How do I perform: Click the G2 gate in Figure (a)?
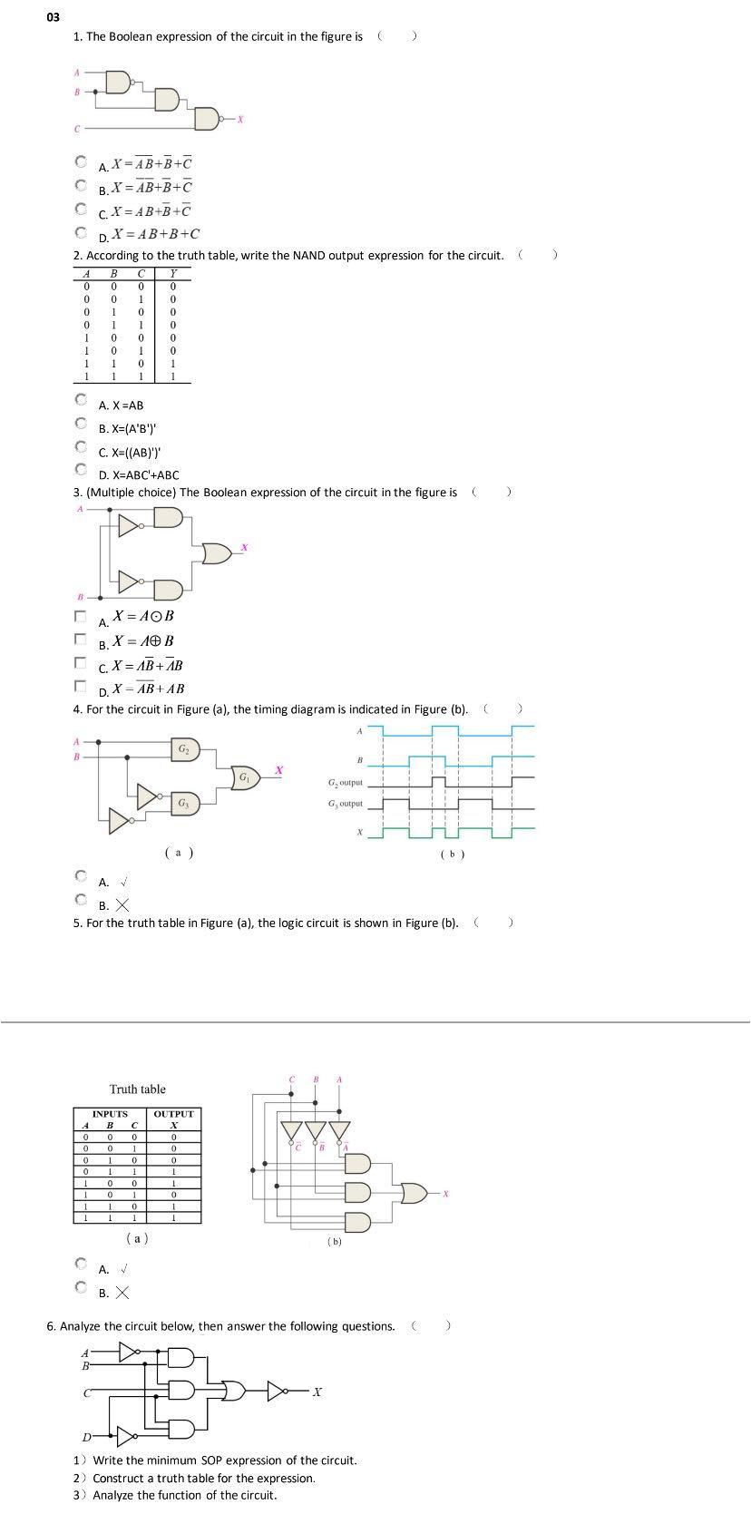pyautogui.click(x=184, y=749)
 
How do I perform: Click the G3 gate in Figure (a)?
pyautogui.click(x=184, y=803)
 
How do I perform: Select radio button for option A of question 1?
pyautogui.click(x=82, y=163)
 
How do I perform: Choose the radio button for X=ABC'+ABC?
pyautogui.click(x=82, y=470)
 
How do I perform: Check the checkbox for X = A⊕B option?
pyautogui.click(x=81, y=639)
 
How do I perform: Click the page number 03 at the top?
pyautogui.click(x=54, y=16)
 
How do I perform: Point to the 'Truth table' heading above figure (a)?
pyautogui.click(x=138, y=1089)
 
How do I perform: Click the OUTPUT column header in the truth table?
pyautogui.click(x=173, y=1114)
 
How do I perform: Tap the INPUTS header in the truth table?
pyautogui.click(x=110, y=1114)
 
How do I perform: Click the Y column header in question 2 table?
pyautogui.click(x=173, y=273)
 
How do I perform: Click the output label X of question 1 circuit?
pyautogui.click(x=240, y=119)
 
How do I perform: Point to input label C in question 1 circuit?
pyautogui.click(x=77, y=129)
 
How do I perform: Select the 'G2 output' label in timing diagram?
pyautogui.click(x=345, y=782)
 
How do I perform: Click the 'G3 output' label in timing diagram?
pyautogui.click(x=345, y=804)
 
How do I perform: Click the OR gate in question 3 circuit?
pyautogui.click(x=217, y=552)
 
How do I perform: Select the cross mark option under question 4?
pyautogui.click(x=82, y=901)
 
